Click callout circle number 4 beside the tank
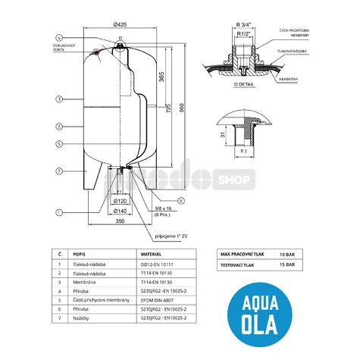point(58,38)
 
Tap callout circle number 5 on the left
point(58,144)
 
